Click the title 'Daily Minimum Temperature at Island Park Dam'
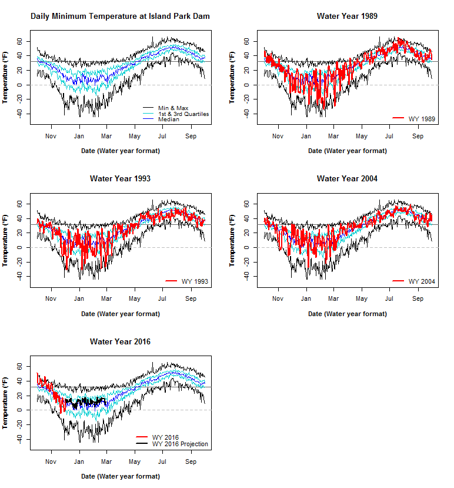pyautogui.click(x=120, y=16)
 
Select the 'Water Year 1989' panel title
pyautogui.click(x=347, y=16)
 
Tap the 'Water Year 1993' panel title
pyautogui.click(x=120, y=178)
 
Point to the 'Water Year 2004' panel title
pyautogui.click(x=347, y=178)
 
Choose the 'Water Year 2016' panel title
pyautogui.click(x=120, y=341)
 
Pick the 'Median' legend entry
pyautogui.click(x=169, y=119)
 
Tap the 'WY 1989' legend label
pyautogui.click(x=422, y=119)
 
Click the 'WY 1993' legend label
pyautogui.click(x=195, y=281)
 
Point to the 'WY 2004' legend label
pyautogui.click(x=422, y=281)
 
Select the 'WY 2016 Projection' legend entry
pyautogui.click(x=180, y=444)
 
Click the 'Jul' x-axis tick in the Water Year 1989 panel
pyautogui.click(x=389, y=135)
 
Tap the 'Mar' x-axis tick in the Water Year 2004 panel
pyautogui.click(x=333, y=298)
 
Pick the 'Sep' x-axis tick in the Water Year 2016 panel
pyautogui.click(x=191, y=461)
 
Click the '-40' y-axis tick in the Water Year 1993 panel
pyautogui.click(x=19, y=276)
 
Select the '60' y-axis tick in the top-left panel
pyautogui.click(x=19, y=41)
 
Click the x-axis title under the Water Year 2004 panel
pyautogui.click(x=347, y=314)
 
